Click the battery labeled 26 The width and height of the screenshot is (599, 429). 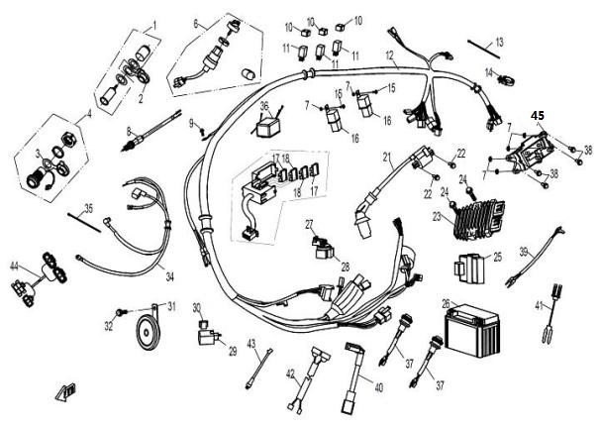[x=470, y=326]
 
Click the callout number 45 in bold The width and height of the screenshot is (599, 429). [x=538, y=116]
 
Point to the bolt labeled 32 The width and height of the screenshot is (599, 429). [x=120, y=312]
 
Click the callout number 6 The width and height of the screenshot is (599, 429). [x=196, y=23]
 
